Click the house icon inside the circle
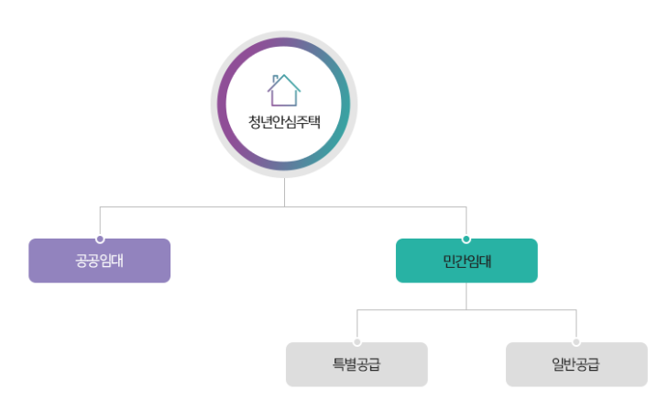pyautogui.click(x=284, y=89)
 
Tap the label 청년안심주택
pyautogui.click(x=284, y=121)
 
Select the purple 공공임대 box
pyautogui.click(x=99, y=261)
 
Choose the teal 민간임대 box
pyautogui.click(x=467, y=261)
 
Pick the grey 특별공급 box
pyautogui.click(x=357, y=364)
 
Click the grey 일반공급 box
pyautogui.click(x=577, y=364)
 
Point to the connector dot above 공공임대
pyautogui.click(x=99, y=239)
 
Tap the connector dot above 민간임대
pyautogui.click(x=467, y=239)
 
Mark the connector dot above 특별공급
pyautogui.click(x=357, y=343)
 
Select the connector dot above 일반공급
pyautogui.click(x=577, y=343)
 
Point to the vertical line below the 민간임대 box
pyautogui.click(x=467, y=295)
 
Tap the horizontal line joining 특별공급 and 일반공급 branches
pyautogui.click(x=458, y=311)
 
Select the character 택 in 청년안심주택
pyautogui.click(x=314, y=121)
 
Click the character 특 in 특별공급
pyautogui.click(x=339, y=364)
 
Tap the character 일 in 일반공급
pyautogui.click(x=559, y=364)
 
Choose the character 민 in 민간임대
pyautogui.click(x=448, y=261)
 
